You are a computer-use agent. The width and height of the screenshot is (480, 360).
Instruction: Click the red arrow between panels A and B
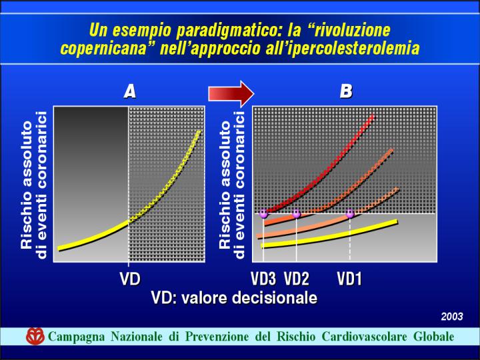pyautogui.click(x=231, y=93)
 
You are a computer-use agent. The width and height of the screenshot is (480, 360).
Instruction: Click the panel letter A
pyautogui.click(x=130, y=91)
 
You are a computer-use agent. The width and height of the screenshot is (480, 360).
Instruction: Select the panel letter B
pyautogui.click(x=346, y=91)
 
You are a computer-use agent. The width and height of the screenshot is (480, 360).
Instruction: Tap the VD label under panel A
pyautogui.click(x=130, y=279)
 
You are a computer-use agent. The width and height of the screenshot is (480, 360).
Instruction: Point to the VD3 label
pyautogui.click(x=263, y=279)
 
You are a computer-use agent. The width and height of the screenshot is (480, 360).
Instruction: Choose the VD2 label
pyautogui.click(x=297, y=279)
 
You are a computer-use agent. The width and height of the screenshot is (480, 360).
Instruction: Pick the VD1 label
pyautogui.click(x=349, y=279)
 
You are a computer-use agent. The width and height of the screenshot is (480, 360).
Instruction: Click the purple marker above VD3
pyautogui.click(x=263, y=213)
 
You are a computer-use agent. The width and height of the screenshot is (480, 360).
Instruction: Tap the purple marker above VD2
pyautogui.click(x=296, y=213)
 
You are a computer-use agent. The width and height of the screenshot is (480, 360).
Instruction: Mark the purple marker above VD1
pyautogui.click(x=350, y=213)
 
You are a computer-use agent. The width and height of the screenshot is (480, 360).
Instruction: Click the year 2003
pyautogui.click(x=452, y=317)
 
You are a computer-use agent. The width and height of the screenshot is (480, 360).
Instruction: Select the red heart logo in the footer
pyautogui.click(x=35, y=336)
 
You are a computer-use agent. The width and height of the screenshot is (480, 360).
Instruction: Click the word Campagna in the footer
pyautogui.click(x=77, y=337)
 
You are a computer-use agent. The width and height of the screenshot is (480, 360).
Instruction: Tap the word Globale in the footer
pyautogui.click(x=434, y=337)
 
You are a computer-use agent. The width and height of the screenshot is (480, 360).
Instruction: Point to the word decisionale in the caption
pyautogui.click(x=275, y=298)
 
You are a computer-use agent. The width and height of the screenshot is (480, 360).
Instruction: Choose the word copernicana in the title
pyautogui.click(x=104, y=49)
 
